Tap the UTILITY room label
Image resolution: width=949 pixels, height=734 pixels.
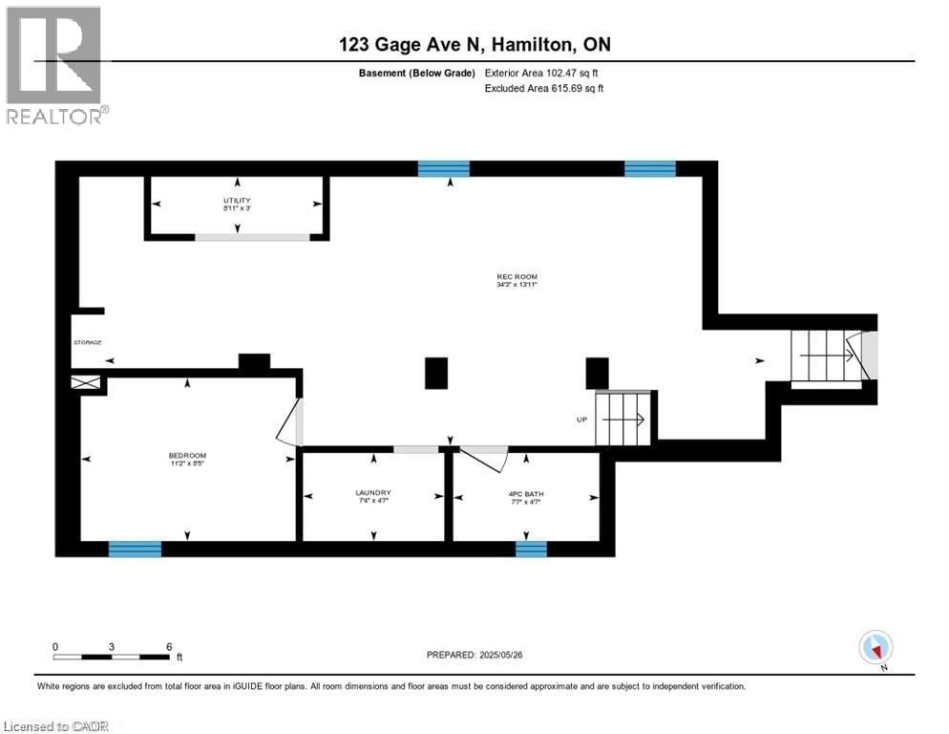pos(238,199)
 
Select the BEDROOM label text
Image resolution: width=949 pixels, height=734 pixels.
pos(187,455)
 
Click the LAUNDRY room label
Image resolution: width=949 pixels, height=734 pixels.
pos(372,493)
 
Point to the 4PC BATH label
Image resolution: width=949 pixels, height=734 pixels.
pos(525,493)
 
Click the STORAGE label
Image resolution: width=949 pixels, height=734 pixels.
pos(87,342)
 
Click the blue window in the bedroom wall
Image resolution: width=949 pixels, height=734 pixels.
pos(135,549)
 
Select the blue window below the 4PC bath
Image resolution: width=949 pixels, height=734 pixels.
pos(531,549)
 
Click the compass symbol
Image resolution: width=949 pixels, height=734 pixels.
pos(875,647)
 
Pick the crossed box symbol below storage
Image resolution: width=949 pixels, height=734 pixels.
pos(88,382)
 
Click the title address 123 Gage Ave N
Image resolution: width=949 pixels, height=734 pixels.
pos(474,45)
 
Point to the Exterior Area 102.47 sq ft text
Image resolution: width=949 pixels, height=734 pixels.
pos(544,73)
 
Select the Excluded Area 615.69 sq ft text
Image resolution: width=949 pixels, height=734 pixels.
pos(544,89)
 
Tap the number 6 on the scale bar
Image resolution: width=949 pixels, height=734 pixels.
pos(169,647)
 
